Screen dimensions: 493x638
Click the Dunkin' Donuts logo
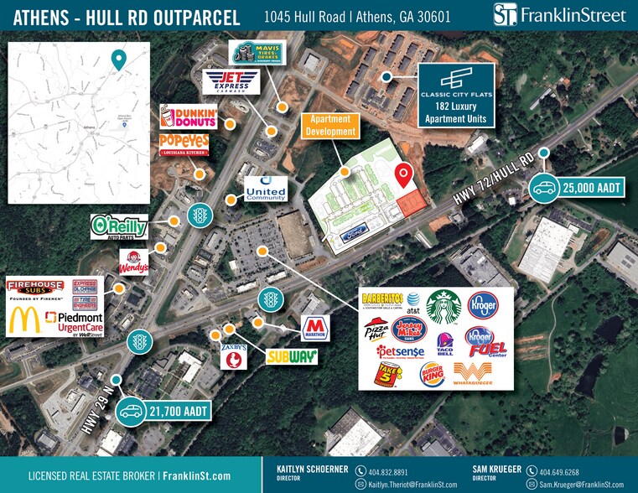coord(189,118)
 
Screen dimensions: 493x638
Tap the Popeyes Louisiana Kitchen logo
coord(184,145)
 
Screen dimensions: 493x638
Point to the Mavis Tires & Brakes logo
coord(257,53)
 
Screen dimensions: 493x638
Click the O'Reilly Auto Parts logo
coord(119,226)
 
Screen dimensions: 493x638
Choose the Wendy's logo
coord(134,262)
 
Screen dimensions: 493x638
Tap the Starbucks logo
coord(443,307)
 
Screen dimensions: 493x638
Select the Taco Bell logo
coord(445,345)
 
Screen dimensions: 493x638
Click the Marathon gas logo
coord(315,327)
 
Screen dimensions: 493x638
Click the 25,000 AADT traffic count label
coord(579,188)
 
